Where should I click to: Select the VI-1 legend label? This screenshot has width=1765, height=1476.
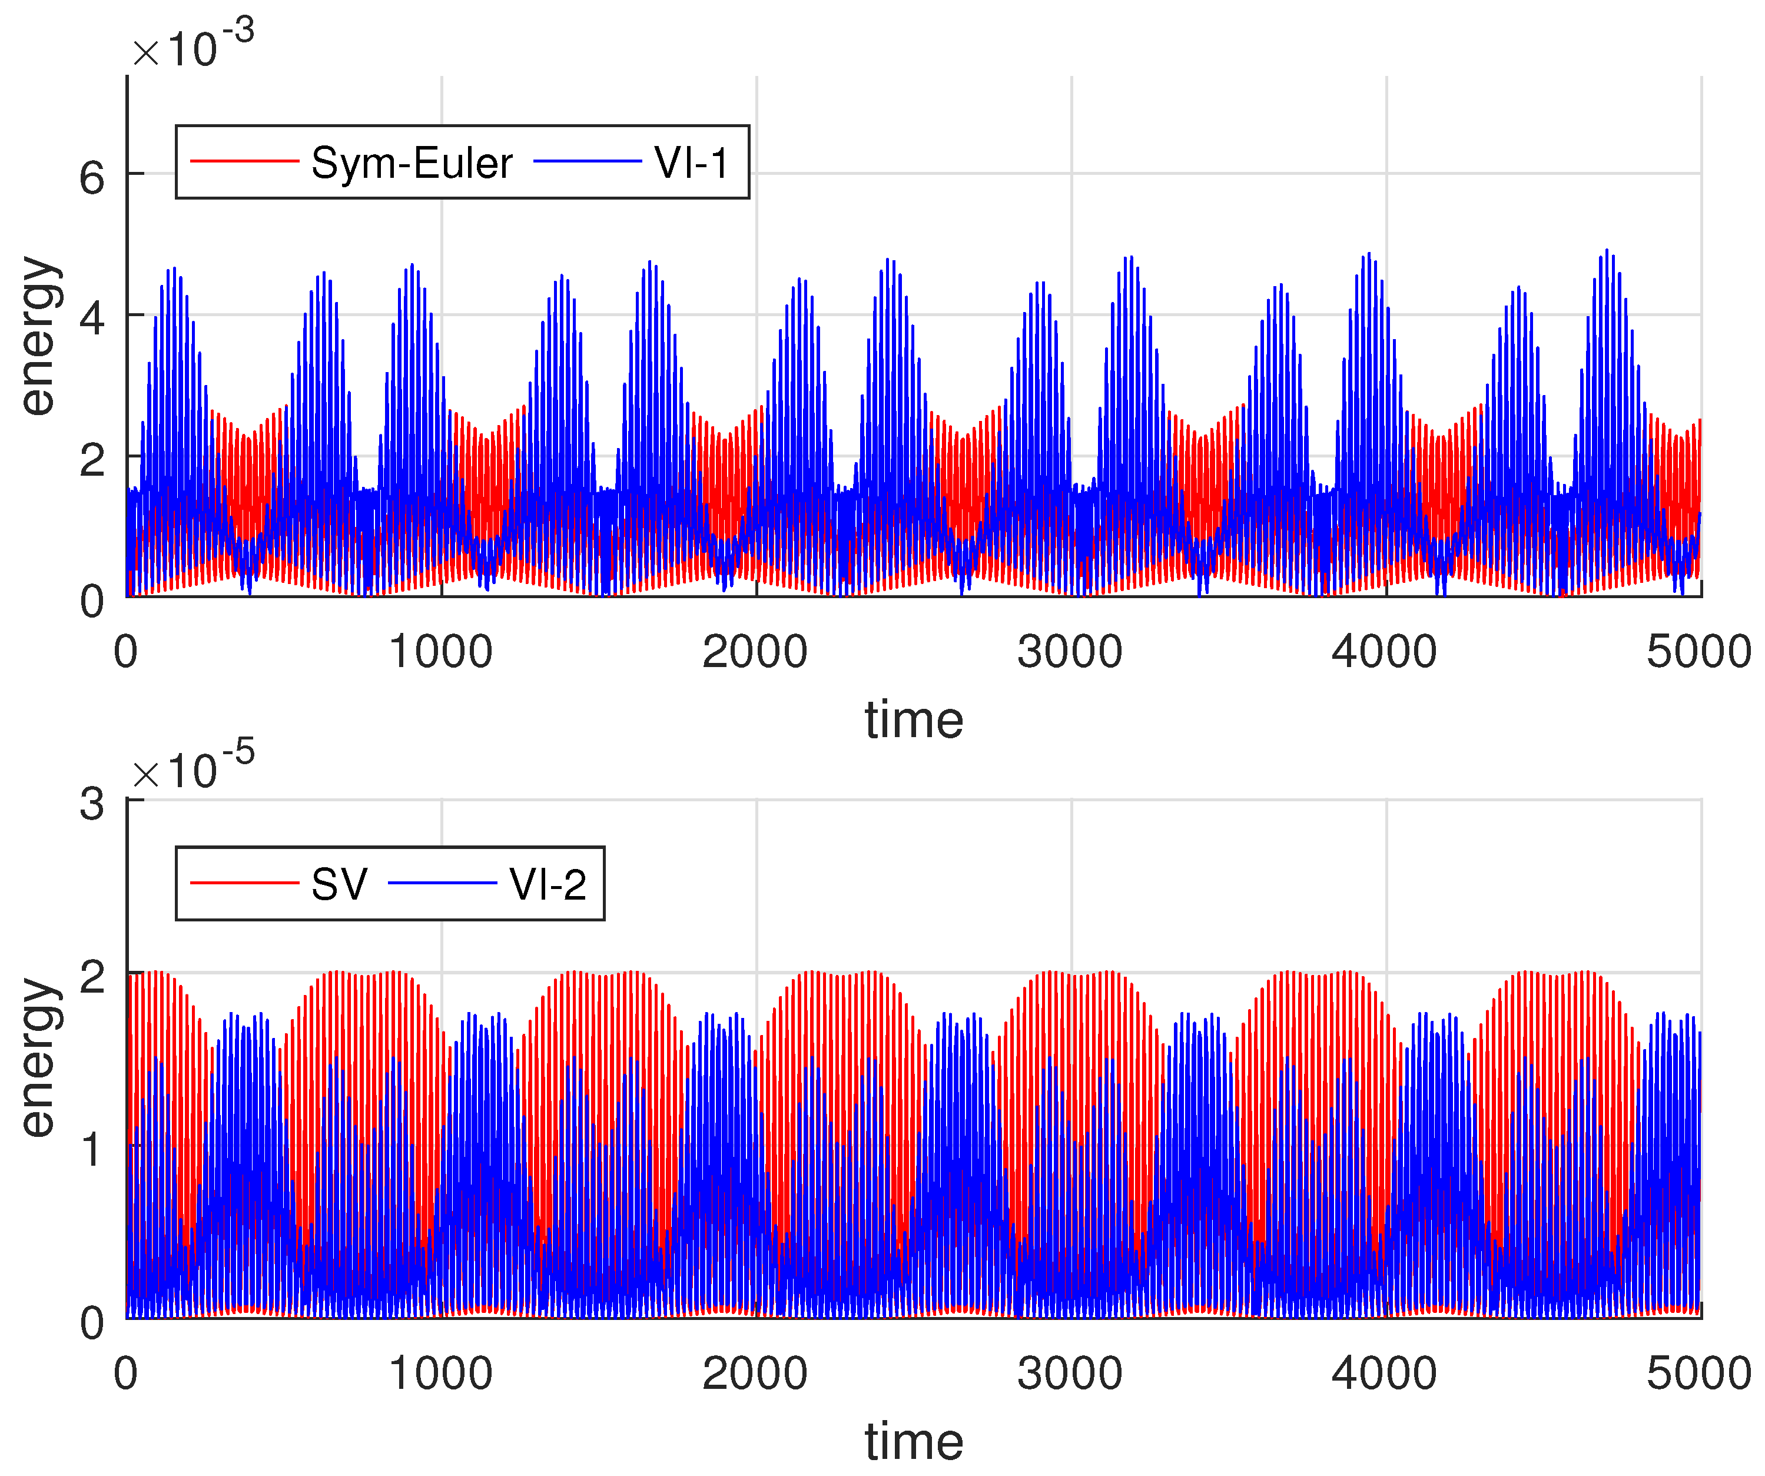tap(691, 163)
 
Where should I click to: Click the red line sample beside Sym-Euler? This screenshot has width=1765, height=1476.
tap(244, 161)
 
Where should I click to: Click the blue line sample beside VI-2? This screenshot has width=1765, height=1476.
tap(443, 883)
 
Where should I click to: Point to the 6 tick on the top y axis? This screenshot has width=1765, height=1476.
tap(92, 178)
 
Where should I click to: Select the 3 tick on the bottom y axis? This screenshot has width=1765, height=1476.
tap(92, 804)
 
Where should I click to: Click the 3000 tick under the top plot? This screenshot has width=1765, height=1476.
tap(1070, 652)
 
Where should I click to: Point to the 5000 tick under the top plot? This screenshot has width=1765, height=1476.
tap(1698, 652)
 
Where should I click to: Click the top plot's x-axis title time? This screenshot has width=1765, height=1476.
tap(914, 721)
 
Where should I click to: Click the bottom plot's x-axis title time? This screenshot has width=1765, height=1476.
tap(914, 1441)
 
